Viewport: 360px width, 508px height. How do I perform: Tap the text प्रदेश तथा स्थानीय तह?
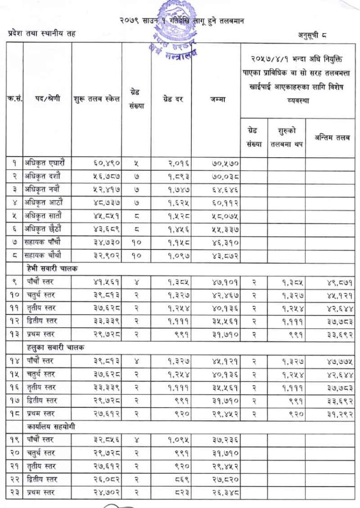41,33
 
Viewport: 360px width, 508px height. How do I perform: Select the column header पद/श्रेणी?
47,99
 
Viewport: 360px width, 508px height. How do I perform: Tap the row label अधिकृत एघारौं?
45,163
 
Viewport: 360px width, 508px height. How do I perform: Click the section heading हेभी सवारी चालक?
52,269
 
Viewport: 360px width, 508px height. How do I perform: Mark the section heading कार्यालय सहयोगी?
51,427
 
